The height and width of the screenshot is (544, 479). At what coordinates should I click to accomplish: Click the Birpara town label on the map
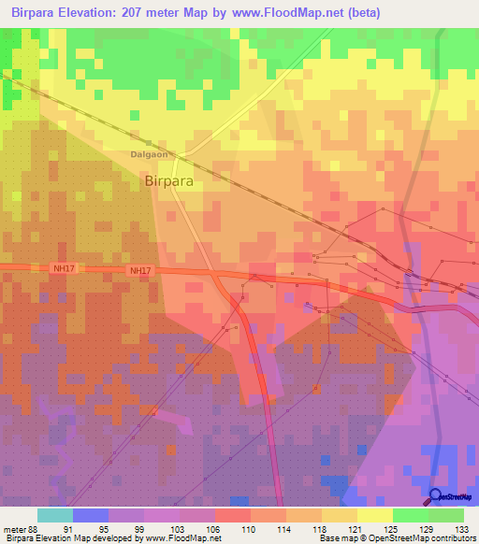170,182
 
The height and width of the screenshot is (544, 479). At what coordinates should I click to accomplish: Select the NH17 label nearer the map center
139,271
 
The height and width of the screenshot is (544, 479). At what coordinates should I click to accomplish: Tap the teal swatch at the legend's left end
55,514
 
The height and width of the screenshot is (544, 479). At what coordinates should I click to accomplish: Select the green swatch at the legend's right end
445,514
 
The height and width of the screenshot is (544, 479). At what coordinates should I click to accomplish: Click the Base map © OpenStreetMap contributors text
397,538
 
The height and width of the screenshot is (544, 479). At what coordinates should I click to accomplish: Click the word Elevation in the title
106,13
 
